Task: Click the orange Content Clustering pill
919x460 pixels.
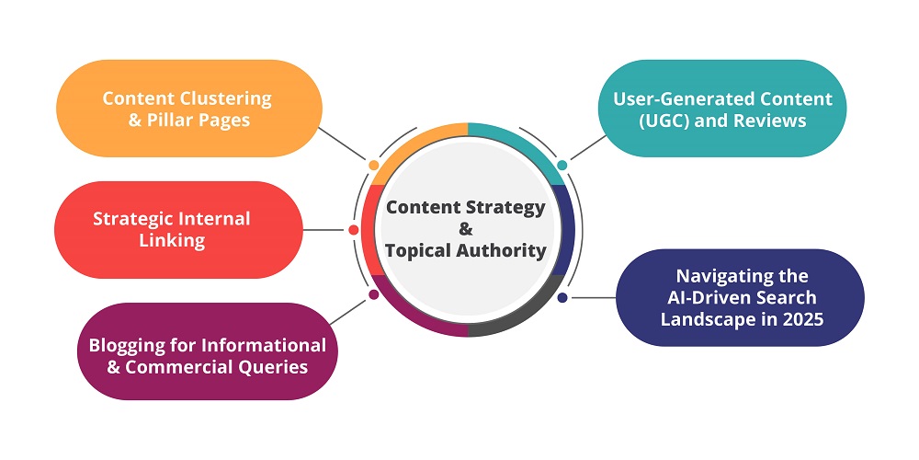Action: (188, 109)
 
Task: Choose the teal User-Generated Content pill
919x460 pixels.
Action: (722, 109)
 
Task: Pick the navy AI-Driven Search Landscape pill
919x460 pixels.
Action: (741, 298)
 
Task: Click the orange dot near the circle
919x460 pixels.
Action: (373, 166)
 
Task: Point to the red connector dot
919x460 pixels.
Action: (354, 229)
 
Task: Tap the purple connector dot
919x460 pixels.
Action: (373, 294)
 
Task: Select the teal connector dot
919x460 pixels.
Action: (562, 166)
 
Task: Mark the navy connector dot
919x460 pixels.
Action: (562, 297)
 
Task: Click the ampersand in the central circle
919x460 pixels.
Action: (465, 229)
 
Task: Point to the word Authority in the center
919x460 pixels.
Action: (506, 250)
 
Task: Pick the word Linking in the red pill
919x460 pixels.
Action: (172, 242)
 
